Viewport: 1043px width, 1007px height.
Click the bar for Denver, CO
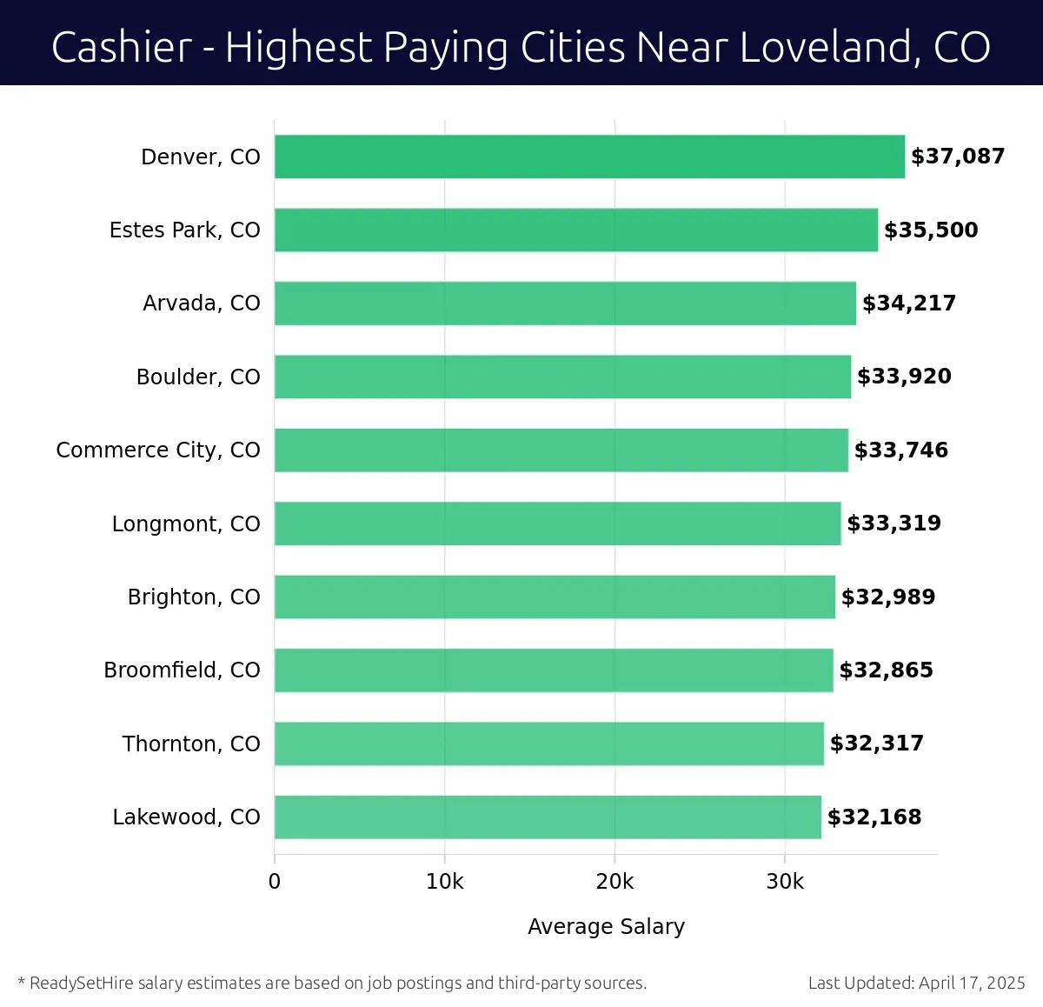(x=589, y=157)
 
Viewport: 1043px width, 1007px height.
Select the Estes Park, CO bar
(x=575, y=230)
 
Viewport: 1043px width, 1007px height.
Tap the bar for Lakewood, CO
(x=548, y=817)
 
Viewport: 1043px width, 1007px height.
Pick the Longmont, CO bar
(x=557, y=524)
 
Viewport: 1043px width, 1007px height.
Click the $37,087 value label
(x=958, y=157)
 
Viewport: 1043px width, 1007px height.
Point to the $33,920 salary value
(x=904, y=377)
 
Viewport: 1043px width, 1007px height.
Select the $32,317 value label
(x=877, y=744)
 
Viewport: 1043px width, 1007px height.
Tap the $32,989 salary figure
(x=888, y=597)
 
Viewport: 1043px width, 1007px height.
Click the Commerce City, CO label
(x=158, y=450)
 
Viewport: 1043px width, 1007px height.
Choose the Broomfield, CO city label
(x=182, y=670)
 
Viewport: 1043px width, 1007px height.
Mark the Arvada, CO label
(x=202, y=303)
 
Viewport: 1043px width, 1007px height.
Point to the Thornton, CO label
(x=191, y=744)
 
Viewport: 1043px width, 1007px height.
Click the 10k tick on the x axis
(x=445, y=882)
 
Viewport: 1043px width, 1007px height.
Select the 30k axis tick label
(x=785, y=882)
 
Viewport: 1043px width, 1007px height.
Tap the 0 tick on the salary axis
(x=275, y=882)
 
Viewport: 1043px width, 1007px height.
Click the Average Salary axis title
(x=606, y=927)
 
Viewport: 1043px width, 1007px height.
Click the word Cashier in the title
(x=122, y=47)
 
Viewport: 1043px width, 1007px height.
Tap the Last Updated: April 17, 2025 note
(x=916, y=984)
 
